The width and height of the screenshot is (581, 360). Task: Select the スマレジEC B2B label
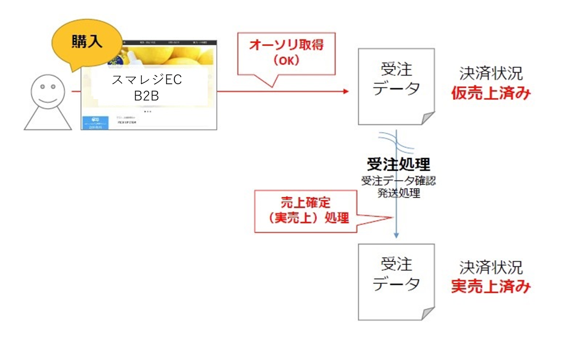pyautogui.click(x=147, y=87)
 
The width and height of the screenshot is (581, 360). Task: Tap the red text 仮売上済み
pyautogui.click(x=491, y=93)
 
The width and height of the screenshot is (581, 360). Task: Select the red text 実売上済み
pyautogui.click(x=491, y=287)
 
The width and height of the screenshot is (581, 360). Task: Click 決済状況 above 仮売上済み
pyautogui.click(x=491, y=73)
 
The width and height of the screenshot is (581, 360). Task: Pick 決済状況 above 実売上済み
pyautogui.click(x=491, y=267)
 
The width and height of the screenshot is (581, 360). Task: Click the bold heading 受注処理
pyautogui.click(x=398, y=164)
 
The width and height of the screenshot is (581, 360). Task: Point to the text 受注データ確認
pyautogui.click(x=398, y=181)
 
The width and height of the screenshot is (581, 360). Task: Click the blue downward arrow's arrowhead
pyautogui.click(x=396, y=235)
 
